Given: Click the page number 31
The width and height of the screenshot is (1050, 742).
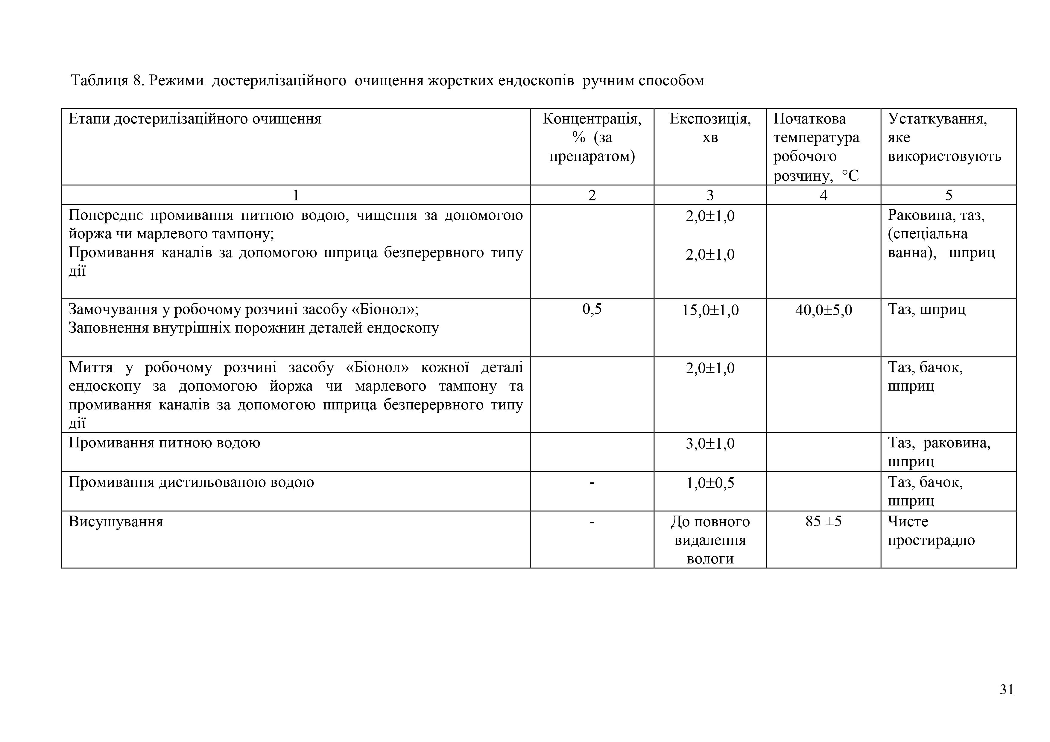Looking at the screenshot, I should coord(1007,689).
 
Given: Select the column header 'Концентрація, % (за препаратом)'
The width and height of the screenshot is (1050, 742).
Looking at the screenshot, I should coord(592,138).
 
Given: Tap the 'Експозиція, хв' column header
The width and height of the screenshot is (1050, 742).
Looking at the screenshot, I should coord(710,128).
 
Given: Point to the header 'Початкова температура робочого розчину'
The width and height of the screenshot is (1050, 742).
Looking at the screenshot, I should coord(816,147).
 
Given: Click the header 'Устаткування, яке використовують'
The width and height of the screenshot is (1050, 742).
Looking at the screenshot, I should coord(944,138).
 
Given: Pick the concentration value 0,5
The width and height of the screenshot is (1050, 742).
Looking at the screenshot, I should coord(592,310).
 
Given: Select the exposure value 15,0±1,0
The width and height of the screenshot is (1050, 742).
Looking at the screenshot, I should coord(710,310).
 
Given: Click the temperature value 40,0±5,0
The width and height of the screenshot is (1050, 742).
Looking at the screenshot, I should coord(823,310).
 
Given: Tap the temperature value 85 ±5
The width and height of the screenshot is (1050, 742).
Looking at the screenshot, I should coord(823,522).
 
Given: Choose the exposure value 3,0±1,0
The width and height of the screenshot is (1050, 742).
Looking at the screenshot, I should coord(710,444).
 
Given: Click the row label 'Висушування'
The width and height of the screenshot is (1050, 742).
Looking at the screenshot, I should coord(116,522).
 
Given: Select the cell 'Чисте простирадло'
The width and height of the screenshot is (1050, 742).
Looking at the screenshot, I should coord(931,531).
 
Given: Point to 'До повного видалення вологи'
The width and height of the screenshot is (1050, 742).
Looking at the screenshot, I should coord(710,540).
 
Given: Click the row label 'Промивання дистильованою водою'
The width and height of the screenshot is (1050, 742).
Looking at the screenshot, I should coord(191,482).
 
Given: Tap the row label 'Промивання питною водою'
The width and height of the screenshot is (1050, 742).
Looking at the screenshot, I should coord(164,443).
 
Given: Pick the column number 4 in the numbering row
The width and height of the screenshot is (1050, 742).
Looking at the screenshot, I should coord(823,195).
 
